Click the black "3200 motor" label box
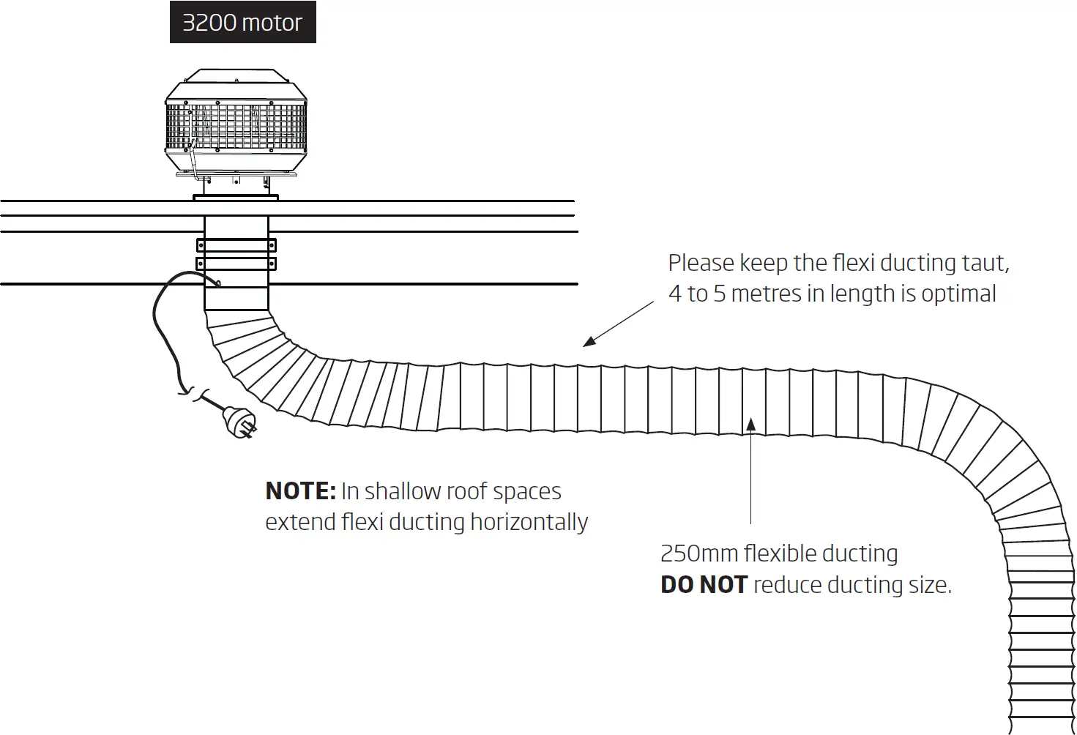coord(242,23)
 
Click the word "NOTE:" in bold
coord(300,491)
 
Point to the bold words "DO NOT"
coord(704,585)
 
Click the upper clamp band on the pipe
coord(236,245)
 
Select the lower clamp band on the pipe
coord(236,264)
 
